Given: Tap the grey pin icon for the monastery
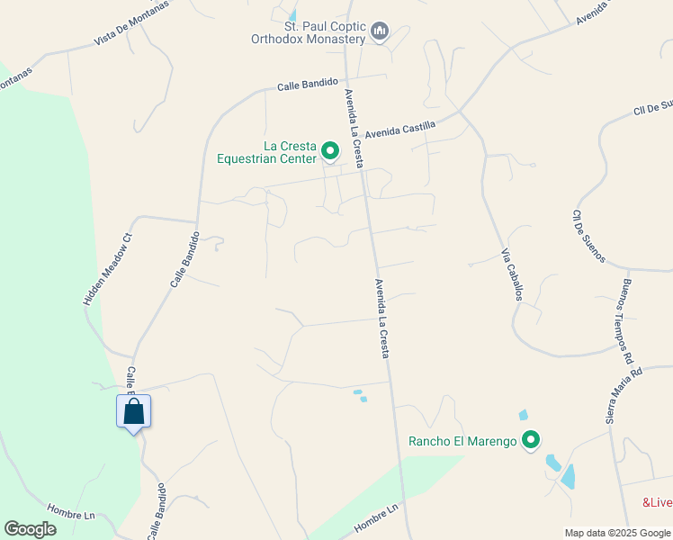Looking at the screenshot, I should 380,32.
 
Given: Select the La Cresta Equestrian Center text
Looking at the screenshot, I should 266,152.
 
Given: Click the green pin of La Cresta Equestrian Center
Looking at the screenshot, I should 330,150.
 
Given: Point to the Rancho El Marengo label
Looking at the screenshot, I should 462,441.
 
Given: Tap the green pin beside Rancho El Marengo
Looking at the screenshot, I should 531,440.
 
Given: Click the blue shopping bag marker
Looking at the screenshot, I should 134,413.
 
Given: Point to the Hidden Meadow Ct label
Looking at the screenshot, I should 108,269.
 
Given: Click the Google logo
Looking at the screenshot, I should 31,529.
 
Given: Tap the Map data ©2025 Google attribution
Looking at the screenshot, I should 616,533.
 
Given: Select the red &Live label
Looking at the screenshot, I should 657,502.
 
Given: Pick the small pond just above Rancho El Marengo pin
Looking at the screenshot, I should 524,415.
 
